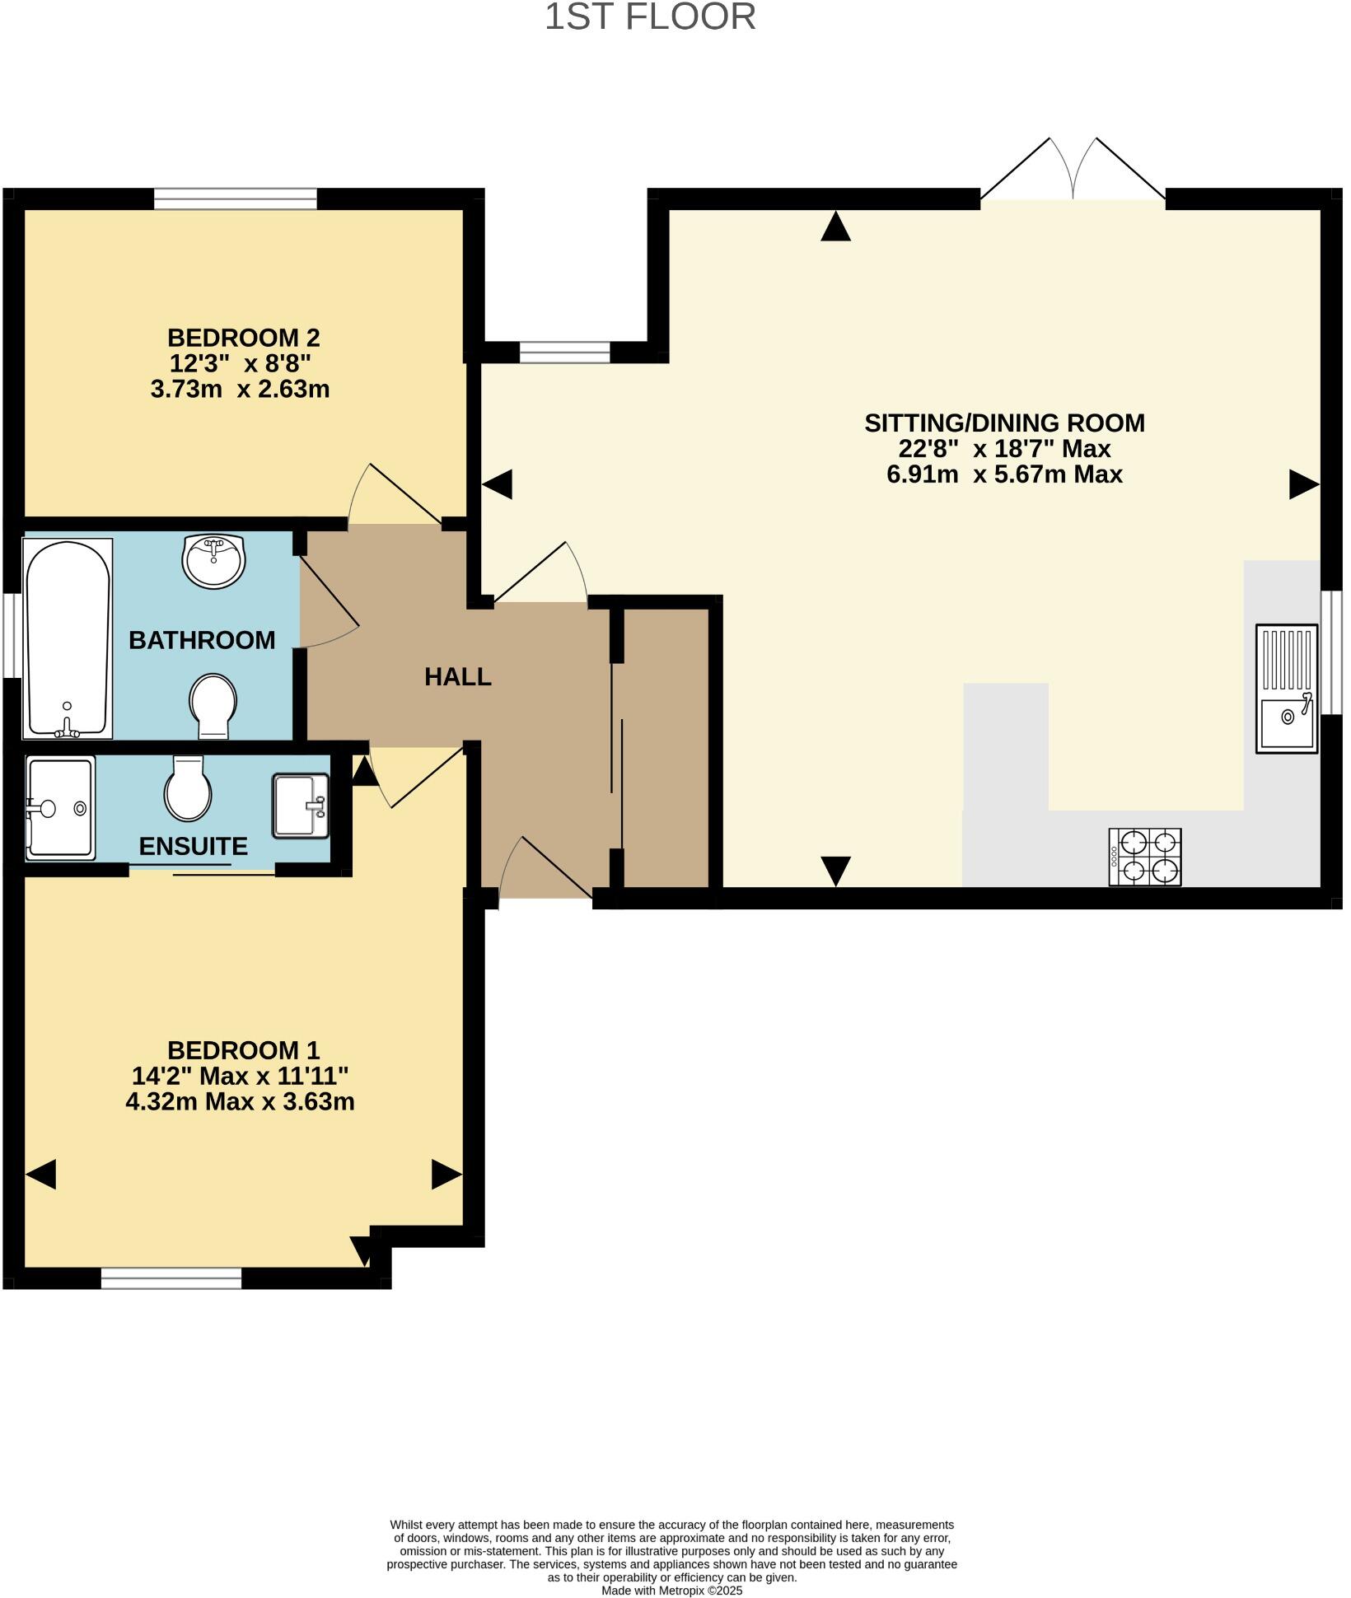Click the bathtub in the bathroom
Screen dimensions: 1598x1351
coord(68,638)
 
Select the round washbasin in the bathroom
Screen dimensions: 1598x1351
coord(213,560)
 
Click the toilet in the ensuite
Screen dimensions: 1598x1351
coord(188,788)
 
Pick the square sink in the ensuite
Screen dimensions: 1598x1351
coord(301,805)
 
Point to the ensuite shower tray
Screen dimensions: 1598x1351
coord(60,808)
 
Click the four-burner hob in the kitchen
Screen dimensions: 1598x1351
coord(1145,857)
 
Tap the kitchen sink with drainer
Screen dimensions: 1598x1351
coord(1286,689)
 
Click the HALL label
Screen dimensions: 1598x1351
coord(458,677)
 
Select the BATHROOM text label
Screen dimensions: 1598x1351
coord(202,640)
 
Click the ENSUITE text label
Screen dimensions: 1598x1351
coord(193,847)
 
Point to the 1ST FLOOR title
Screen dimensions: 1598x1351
coord(650,17)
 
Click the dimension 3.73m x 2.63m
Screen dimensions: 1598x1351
coord(240,389)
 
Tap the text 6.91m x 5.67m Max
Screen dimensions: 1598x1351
coord(1004,474)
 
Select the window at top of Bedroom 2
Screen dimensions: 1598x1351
coord(236,199)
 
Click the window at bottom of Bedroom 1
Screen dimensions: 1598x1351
coord(171,1278)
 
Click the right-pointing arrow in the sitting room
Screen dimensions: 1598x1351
coord(1303,484)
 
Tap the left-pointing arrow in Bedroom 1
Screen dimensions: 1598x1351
coord(41,1174)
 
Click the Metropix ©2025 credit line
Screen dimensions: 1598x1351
coord(671,1591)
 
